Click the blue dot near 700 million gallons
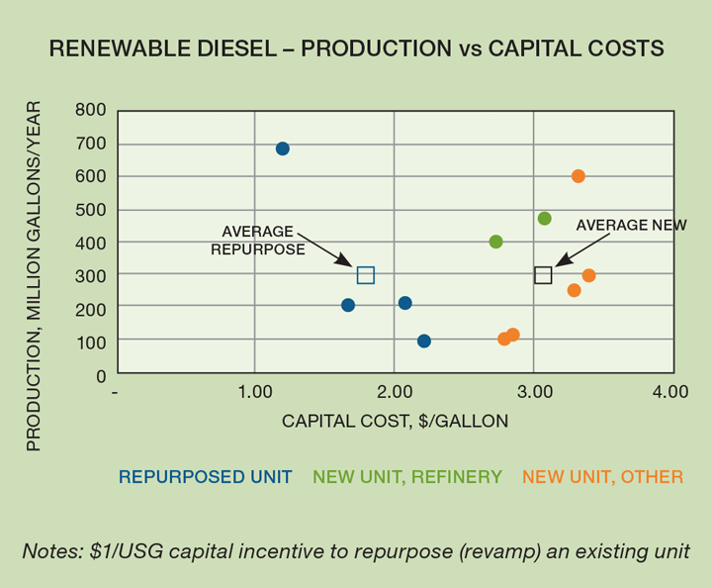tap(282, 148)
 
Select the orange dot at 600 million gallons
tap(578, 176)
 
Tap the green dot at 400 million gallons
tap(495, 242)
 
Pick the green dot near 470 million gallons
tap(544, 219)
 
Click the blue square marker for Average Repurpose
tap(366, 275)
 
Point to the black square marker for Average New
tap(543, 275)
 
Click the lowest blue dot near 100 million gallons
tap(424, 342)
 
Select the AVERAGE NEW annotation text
tap(631, 225)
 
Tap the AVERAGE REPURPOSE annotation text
tap(258, 241)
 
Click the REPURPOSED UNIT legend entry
tap(206, 477)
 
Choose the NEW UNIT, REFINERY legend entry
tap(407, 477)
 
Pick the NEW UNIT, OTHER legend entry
tap(602, 477)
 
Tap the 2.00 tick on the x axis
tap(394, 392)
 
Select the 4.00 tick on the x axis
tap(670, 392)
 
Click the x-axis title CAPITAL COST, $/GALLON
tap(396, 421)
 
